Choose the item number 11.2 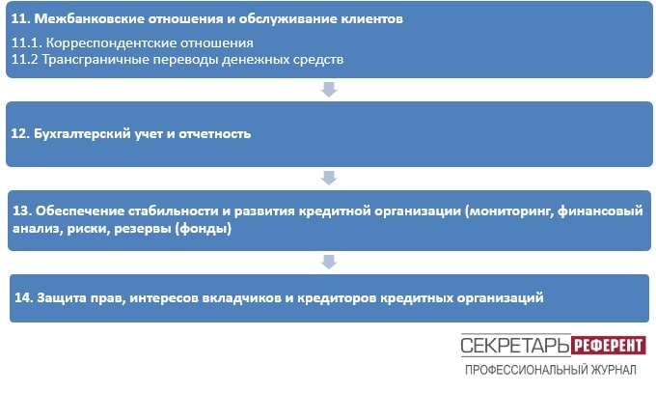pyautogui.click(x=25, y=60)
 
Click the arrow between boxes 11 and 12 pyautogui.click(x=329, y=90)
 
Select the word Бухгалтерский pyautogui.click(x=82, y=134)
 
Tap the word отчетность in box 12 pyautogui.click(x=214, y=134)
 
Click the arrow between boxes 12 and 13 pyautogui.click(x=329, y=178)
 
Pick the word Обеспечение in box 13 pyautogui.click(x=79, y=211)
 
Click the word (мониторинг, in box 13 pyautogui.click(x=509, y=211)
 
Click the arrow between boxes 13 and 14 pyautogui.click(x=329, y=262)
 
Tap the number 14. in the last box pyautogui.click(x=24, y=297)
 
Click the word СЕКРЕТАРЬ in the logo pyautogui.click(x=515, y=346)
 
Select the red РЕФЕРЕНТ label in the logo pyautogui.click(x=609, y=346)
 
